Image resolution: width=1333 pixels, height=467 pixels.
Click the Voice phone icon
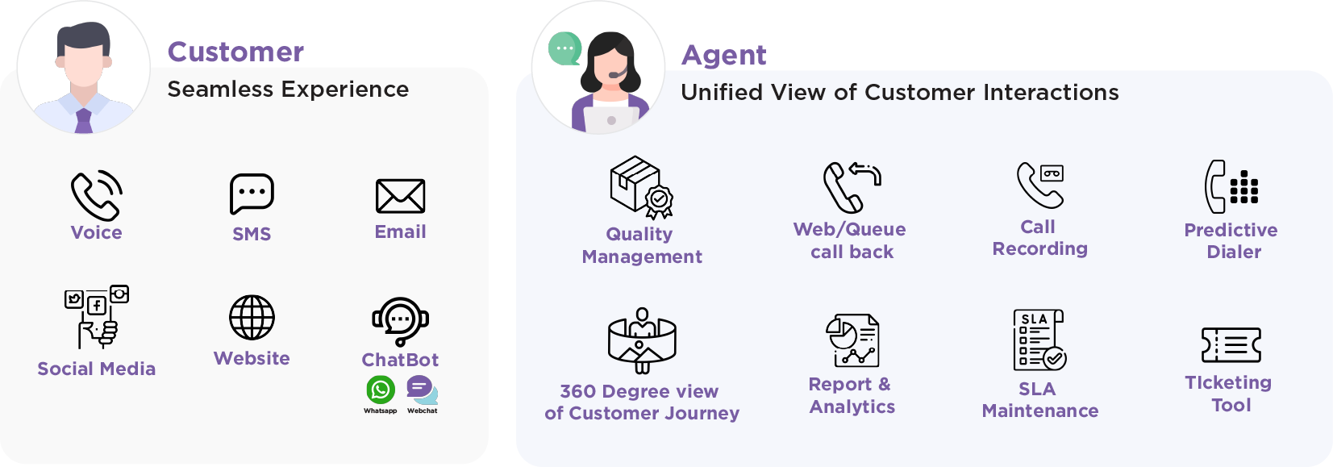tap(96, 195)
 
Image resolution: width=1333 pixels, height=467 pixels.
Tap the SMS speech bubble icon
tap(252, 194)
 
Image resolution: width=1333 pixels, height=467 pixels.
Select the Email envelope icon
tap(400, 196)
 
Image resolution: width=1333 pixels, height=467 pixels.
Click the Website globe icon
tap(252, 317)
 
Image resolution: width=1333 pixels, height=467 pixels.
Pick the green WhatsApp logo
tap(381, 390)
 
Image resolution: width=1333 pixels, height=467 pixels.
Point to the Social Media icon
tap(97, 316)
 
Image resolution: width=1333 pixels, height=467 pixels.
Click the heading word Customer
tap(235, 52)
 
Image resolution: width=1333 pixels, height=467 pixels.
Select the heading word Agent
tap(723, 55)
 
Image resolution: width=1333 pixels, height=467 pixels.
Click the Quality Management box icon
tap(641, 187)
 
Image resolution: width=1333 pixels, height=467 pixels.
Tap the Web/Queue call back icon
tap(852, 187)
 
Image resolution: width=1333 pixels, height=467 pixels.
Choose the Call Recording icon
tap(1040, 185)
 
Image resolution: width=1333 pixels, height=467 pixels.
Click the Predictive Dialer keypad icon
tap(1231, 186)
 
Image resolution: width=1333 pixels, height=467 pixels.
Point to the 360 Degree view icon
tap(642, 340)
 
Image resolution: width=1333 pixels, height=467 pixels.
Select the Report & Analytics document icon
tap(852, 340)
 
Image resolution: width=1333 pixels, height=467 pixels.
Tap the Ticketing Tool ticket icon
tap(1231, 345)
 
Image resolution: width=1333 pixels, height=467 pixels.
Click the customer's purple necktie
tap(84, 120)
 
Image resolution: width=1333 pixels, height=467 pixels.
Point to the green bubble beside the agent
tap(564, 48)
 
